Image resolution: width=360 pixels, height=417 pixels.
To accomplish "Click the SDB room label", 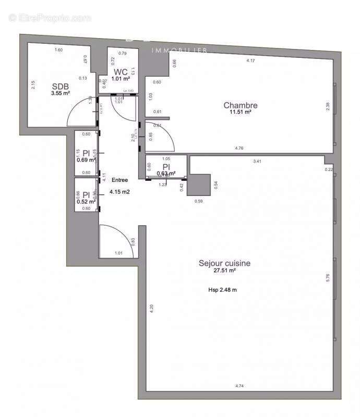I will tap(60, 87).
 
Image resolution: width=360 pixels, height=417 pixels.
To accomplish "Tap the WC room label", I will tap(121, 72).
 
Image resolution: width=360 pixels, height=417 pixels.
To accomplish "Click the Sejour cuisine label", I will tap(224, 263).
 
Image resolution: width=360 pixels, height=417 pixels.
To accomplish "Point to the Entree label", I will tap(119, 180).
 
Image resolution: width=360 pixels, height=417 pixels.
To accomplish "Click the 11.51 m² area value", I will tap(241, 112).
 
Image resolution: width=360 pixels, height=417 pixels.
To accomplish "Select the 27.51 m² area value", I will tap(225, 271).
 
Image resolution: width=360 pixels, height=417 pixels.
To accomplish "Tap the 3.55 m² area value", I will tap(61, 93).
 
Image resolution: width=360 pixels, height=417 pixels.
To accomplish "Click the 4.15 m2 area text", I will tap(119, 192).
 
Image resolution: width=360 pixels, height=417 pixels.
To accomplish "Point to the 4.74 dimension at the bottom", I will tap(239, 386).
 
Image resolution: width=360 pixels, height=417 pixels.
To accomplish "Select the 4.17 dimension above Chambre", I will tap(251, 61).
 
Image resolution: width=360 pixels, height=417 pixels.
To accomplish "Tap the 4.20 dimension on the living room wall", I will tap(152, 308).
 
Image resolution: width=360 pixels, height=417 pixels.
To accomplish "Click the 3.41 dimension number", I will tap(257, 162).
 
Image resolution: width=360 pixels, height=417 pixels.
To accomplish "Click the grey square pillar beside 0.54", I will tap(198, 183).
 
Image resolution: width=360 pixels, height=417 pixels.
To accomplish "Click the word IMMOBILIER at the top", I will tap(180, 51).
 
